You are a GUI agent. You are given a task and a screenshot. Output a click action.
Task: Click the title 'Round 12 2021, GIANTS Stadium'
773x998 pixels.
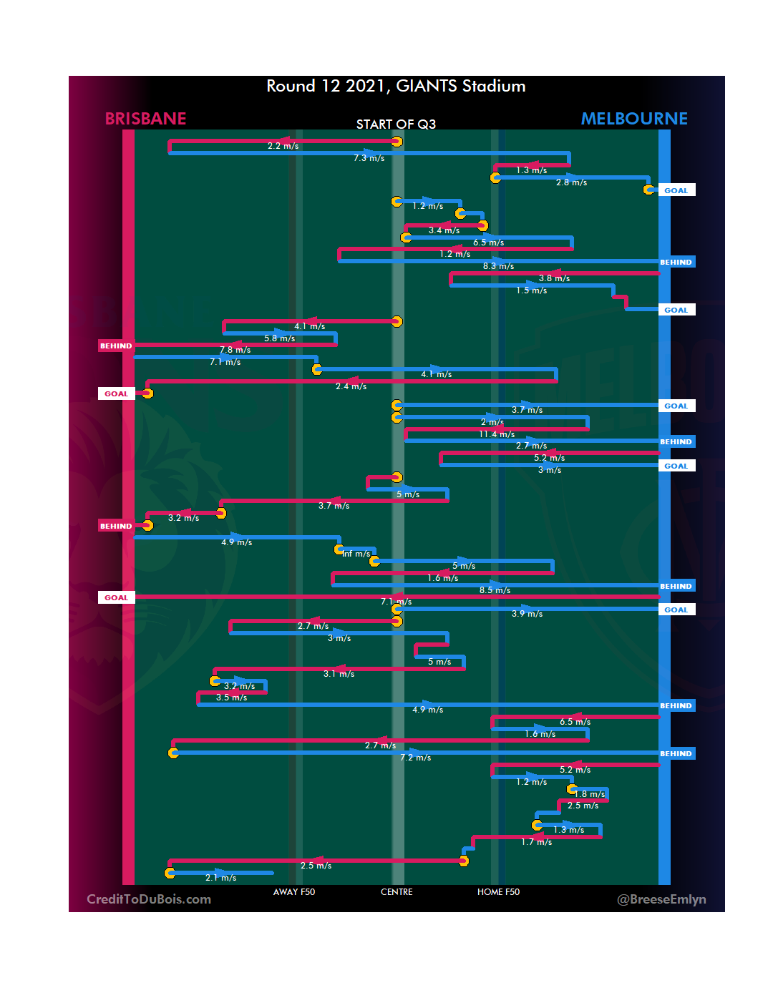[x=396, y=87]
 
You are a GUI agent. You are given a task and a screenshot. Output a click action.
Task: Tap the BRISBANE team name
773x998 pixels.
[x=145, y=119]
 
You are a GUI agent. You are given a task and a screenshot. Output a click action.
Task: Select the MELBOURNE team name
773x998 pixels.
[x=634, y=119]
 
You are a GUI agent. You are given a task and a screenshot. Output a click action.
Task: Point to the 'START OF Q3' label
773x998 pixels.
[x=396, y=124]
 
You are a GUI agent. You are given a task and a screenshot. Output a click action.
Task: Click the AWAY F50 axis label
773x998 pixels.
[x=293, y=892]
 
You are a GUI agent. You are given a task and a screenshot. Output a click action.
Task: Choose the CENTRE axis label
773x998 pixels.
[x=397, y=892]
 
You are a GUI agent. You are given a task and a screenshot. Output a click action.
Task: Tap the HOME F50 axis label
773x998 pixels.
[x=498, y=892]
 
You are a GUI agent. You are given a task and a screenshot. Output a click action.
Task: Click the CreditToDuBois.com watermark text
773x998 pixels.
[x=149, y=899]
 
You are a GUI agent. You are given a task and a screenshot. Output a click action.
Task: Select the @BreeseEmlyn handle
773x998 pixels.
[x=661, y=899]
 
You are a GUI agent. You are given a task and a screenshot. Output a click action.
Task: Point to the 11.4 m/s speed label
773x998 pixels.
[x=497, y=434]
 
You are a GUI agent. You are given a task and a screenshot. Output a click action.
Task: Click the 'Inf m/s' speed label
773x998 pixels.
[x=356, y=554]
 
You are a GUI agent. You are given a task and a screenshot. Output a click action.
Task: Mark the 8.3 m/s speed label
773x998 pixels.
[x=498, y=266]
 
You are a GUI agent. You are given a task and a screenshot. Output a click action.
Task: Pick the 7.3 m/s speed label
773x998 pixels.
[x=369, y=158]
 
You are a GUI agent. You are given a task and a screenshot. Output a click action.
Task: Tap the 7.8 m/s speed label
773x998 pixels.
[x=235, y=350]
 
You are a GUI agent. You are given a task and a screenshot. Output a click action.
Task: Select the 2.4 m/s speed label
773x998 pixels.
[x=351, y=386]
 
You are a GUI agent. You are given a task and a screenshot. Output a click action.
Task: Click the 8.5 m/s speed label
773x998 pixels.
[x=495, y=590]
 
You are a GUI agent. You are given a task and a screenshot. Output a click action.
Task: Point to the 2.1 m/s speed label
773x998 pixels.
[x=220, y=878]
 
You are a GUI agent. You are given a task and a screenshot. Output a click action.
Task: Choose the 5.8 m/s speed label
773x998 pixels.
[x=279, y=338]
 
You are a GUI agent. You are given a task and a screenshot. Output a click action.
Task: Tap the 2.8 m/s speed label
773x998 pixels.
[x=571, y=182]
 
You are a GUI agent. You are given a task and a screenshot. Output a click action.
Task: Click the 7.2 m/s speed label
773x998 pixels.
[x=415, y=758]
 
